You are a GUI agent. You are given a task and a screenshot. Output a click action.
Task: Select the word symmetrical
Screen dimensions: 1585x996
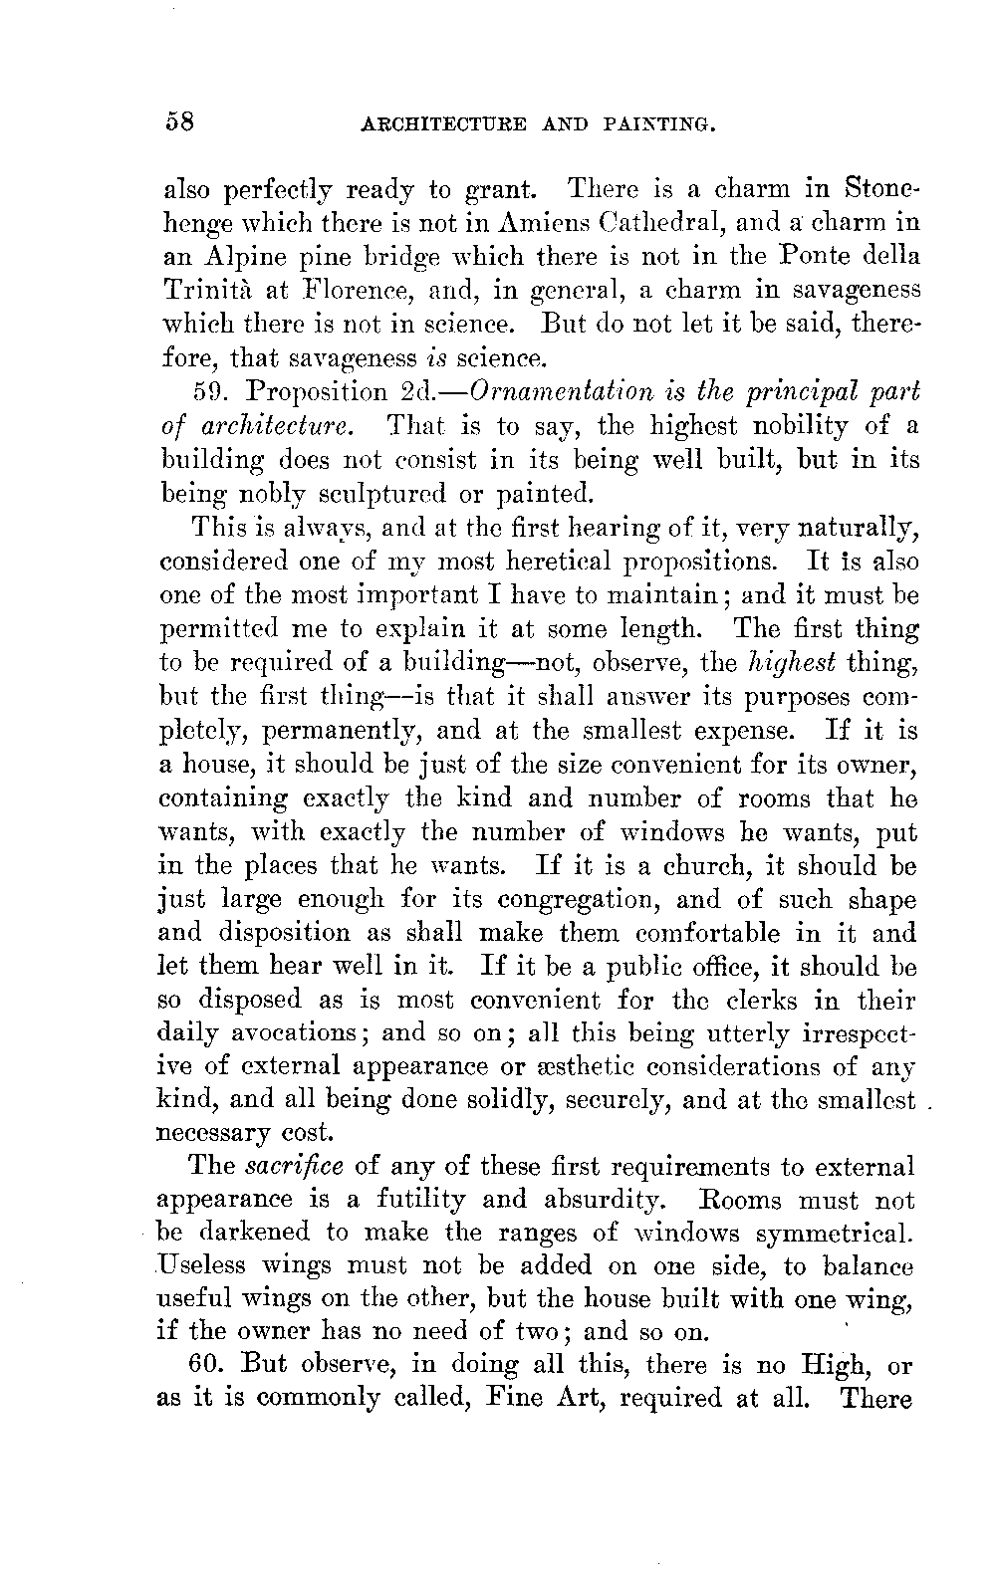[834, 1235]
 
